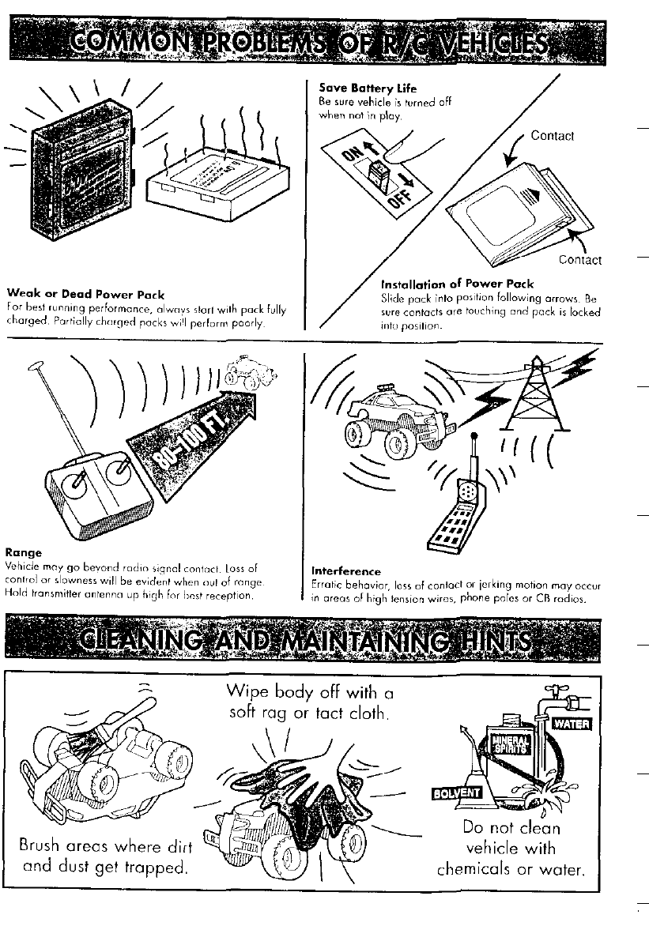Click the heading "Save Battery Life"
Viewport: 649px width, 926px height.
[x=356, y=88]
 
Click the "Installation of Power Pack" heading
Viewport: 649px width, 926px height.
[x=457, y=284]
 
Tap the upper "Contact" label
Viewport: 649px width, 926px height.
[x=552, y=136]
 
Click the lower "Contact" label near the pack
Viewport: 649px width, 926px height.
[x=579, y=259]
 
